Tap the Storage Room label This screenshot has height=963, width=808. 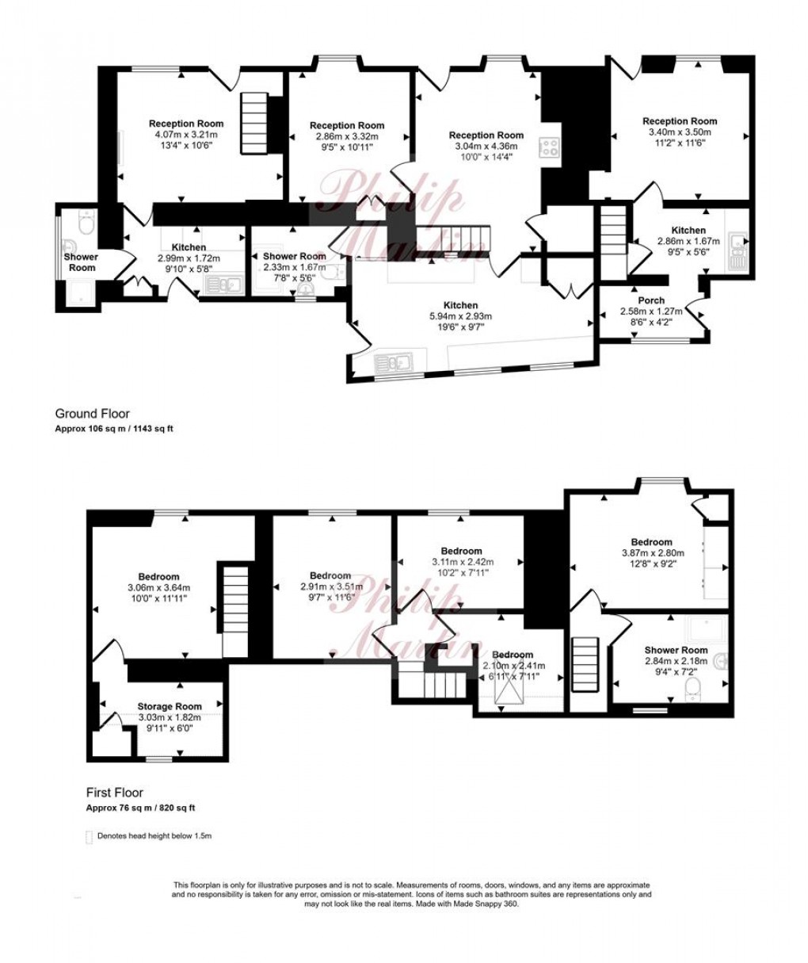point(170,706)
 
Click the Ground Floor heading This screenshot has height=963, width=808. point(92,413)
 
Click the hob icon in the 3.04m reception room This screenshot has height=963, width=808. point(548,147)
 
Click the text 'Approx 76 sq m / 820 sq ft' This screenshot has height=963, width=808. point(140,808)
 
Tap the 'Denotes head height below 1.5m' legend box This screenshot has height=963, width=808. point(88,835)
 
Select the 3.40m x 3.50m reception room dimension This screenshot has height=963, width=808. point(679,132)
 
